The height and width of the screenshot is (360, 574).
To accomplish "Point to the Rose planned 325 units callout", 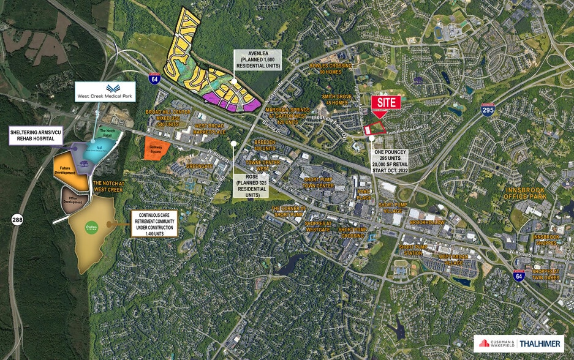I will click(x=252, y=184).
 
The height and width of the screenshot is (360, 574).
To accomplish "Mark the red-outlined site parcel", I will click(x=374, y=127).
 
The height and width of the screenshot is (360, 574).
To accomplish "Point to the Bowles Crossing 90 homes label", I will click(x=338, y=68).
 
